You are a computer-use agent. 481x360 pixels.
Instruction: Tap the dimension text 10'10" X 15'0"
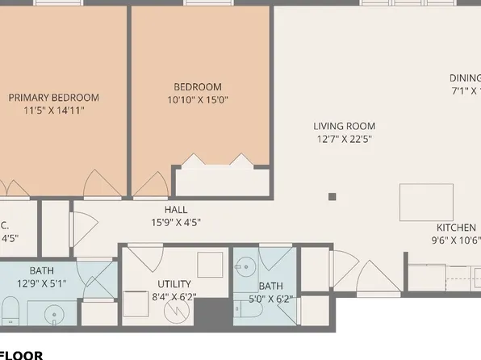(197, 100)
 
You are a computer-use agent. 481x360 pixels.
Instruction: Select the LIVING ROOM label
(345, 126)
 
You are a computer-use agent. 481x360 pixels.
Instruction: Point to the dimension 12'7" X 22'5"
(345, 139)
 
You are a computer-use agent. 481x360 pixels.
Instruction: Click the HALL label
(176, 210)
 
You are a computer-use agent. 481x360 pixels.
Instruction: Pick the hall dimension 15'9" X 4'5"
(176, 223)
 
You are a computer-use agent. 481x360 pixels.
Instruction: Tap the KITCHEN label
(456, 227)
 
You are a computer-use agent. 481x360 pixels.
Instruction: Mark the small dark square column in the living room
(332, 195)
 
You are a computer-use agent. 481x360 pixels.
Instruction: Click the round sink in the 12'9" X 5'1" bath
(54, 312)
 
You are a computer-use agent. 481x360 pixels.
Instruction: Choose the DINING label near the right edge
(465, 78)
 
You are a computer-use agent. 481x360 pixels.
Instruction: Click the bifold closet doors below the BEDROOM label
(222, 163)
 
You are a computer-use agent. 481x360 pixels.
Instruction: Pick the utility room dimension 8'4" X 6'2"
(174, 297)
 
